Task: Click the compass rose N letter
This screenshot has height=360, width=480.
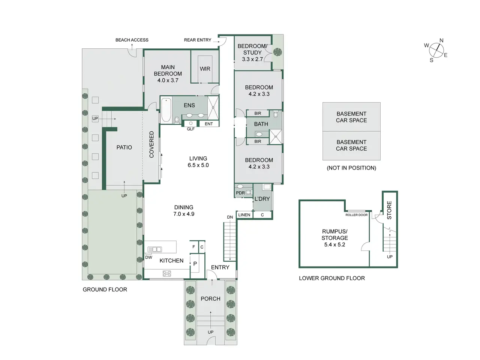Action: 441,40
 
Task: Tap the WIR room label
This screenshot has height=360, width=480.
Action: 205,69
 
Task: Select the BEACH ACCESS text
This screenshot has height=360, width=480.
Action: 132,40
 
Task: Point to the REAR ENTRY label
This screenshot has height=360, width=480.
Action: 198,40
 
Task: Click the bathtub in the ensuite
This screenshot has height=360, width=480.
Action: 166,110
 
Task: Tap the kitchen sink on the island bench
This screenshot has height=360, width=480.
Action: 154,249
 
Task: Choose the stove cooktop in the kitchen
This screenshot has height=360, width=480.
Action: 167,273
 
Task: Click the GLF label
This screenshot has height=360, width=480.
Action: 191,129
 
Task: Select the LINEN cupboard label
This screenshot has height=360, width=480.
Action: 244,215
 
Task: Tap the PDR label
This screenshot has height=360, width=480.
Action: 240,193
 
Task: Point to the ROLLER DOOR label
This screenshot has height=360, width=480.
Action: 357,215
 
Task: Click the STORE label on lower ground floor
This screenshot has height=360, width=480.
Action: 389,210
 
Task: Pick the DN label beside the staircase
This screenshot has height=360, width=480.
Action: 230,217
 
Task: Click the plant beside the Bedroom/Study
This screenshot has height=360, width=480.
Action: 277,52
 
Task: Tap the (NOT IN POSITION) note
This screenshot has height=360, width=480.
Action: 351,168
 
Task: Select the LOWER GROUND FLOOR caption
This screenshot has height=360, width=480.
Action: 332,278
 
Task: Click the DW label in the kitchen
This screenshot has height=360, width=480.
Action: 149,257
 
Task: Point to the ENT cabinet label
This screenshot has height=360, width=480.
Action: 209,124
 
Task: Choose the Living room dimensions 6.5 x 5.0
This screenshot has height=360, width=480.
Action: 198,165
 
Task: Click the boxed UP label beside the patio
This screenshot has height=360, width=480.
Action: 95,118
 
